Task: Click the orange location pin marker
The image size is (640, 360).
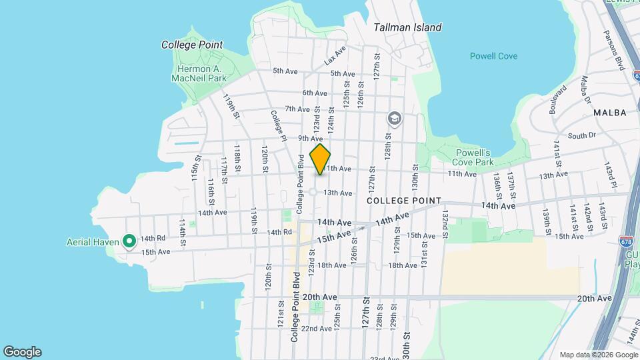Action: pyautogui.click(x=320, y=159)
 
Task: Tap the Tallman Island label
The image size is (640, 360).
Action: pyautogui.click(x=407, y=27)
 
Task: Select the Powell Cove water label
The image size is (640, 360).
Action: pyautogui.click(x=493, y=56)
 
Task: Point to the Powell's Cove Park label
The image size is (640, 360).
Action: pyautogui.click(x=473, y=157)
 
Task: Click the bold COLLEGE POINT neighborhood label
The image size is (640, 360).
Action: pyautogui.click(x=404, y=201)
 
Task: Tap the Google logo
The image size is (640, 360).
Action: pyautogui.click(x=22, y=352)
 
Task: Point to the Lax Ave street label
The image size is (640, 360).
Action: pyautogui.click(x=336, y=55)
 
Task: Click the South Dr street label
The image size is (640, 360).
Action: pyautogui.click(x=581, y=135)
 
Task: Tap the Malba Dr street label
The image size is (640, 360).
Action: pyautogui.click(x=585, y=90)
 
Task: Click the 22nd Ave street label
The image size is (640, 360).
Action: pyautogui.click(x=316, y=329)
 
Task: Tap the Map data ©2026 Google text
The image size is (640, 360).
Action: pyautogui.click(x=597, y=355)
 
